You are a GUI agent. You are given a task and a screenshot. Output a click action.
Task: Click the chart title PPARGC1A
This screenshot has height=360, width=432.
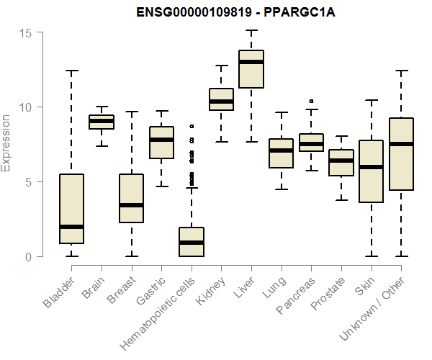point(216,12)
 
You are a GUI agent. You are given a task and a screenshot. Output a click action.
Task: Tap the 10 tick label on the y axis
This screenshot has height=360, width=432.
point(27,107)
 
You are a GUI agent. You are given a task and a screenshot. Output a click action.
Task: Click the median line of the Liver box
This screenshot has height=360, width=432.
point(251,62)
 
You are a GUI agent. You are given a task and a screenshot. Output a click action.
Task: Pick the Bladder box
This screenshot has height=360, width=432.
point(72,209)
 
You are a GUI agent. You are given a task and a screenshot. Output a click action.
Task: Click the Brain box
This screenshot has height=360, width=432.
point(102,122)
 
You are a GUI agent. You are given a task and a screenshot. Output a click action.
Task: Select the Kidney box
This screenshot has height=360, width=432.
point(221,99)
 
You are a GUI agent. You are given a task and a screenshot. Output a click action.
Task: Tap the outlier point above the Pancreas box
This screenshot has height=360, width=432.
point(311,101)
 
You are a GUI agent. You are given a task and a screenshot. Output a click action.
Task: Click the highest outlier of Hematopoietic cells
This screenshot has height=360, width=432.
point(192,126)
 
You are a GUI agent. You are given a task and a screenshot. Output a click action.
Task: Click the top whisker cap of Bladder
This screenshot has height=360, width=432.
point(72,71)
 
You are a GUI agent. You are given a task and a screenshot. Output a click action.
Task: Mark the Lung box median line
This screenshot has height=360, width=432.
point(281,150)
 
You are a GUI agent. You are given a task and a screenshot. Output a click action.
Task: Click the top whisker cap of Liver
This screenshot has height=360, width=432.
point(251,30)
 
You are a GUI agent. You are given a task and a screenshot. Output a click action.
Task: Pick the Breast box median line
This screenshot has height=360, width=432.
point(132,205)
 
